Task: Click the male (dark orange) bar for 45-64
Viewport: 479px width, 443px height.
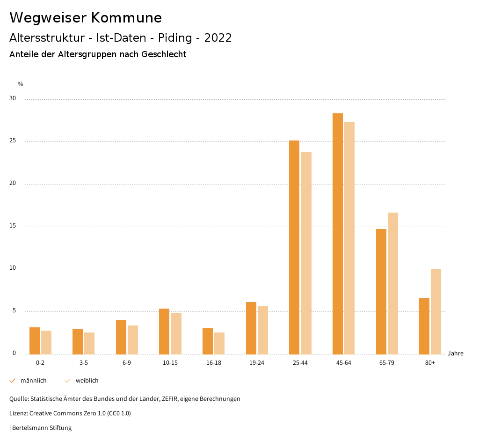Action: click(x=337, y=234)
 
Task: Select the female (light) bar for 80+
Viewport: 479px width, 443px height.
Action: click(x=436, y=311)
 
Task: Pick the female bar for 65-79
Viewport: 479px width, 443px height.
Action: click(x=393, y=283)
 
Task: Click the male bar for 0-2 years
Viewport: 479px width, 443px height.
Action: click(x=35, y=340)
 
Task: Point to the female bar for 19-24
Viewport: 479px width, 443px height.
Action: click(x=263, y=330)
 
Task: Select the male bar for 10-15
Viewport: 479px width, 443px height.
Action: click(x=164, y=331)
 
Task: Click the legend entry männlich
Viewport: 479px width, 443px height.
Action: click(x=33, y=381)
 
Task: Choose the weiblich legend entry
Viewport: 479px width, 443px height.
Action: click(x=87, y=381)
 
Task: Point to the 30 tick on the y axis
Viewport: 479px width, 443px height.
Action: click(x=13, y=99)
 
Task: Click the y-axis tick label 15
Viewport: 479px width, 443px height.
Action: click(x=13, y=226)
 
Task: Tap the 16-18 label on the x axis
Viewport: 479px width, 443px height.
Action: click(x=213, y=363)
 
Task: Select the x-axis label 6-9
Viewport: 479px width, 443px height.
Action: click(x=127, y=363)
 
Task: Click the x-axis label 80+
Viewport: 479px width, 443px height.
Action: click(x=430, y=363)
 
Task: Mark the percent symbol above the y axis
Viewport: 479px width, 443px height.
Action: click(x=21, y=84)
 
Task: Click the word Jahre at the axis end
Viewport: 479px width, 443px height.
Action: click(x=456, y=354)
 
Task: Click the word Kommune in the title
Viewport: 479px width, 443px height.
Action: click(x=126, y=18)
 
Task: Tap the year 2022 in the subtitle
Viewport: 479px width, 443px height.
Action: click(x=218, y=38)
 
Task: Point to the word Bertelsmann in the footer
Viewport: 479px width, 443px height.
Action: click(x=29, y=428)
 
